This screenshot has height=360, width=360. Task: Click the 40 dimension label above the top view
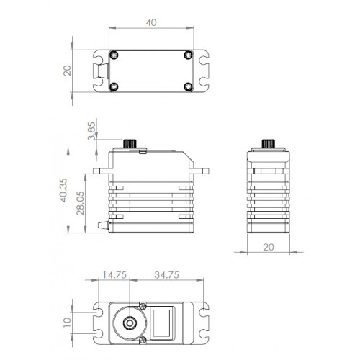pos(151,22)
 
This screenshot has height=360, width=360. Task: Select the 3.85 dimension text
pos(91,131)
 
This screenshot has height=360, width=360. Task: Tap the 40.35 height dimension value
pos(63,190)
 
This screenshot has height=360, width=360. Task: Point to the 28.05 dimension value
pos(81,203)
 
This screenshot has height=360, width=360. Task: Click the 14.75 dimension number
pos(114,275)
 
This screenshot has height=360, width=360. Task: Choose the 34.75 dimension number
pos(167,275)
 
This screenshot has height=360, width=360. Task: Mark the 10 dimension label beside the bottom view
pos(67,323)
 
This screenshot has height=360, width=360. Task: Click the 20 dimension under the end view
pos(269,247)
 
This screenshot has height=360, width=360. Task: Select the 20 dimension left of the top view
pos(67,71)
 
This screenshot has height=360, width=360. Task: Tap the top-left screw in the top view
pos(114,55)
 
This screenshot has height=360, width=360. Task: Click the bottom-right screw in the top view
pos(188,86)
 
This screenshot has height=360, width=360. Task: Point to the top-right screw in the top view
pos(189,55)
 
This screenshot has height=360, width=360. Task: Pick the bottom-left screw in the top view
pos(114,86)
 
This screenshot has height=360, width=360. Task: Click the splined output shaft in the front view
pos(130,143)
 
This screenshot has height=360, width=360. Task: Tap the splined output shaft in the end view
pos(269,143)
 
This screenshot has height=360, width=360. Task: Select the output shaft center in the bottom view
pos(130,323)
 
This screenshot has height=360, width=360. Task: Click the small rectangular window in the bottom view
pos(162,323)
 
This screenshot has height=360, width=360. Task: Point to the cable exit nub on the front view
pos(103,225)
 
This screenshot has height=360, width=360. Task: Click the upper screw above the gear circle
pos(143,306)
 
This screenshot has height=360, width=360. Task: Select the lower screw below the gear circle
pos(143,340)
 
